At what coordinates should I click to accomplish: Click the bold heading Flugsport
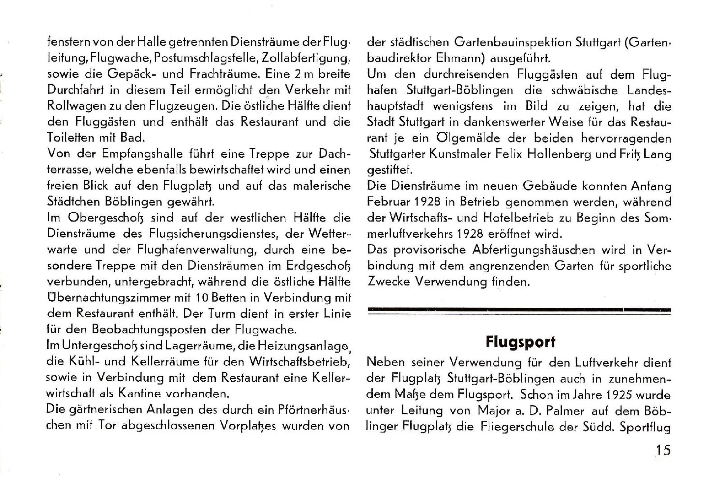(520, 342)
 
